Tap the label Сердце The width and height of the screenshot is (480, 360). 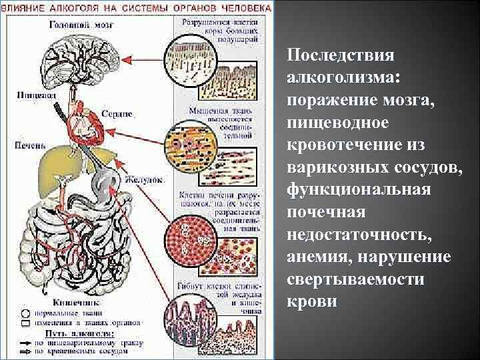coord(119,115)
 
